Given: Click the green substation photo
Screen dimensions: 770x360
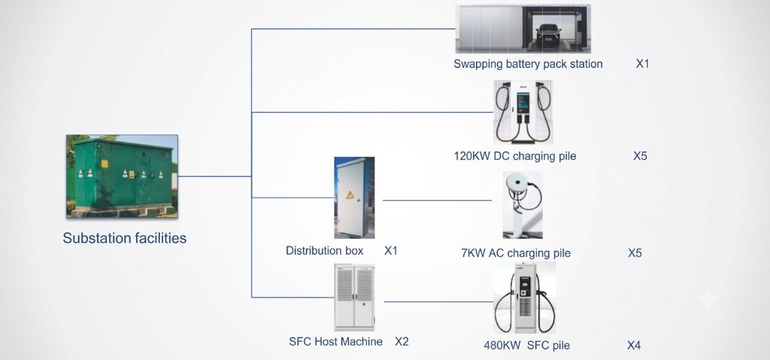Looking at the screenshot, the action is (123, 177).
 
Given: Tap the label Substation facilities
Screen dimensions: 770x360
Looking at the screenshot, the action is (125, 238).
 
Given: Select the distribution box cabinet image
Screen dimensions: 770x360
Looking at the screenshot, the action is (355, 198).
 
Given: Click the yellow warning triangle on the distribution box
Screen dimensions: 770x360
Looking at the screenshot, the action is (350, 195).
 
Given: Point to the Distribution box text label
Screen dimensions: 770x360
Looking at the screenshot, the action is (325, 250).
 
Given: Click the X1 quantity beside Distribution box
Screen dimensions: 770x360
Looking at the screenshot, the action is (391, 250).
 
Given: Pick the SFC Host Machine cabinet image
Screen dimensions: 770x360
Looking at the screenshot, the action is (355, 297).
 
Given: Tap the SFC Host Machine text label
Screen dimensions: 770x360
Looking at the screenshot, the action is (336, 341).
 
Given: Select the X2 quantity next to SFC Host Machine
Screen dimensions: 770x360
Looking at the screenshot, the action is (402, 341).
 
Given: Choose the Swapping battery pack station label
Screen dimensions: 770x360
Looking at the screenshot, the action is (528, 64).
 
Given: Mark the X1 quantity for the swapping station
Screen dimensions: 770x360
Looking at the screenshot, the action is (643, 64).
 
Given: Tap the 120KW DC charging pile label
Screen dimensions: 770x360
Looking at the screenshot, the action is (515, 156).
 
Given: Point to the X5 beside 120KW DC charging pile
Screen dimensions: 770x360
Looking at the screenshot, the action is (641, 156).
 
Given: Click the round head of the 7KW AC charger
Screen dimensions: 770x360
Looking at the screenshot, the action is (515, 182).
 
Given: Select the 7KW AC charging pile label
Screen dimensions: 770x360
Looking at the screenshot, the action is (516, 253).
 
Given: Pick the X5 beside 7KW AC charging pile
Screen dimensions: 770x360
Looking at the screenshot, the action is (635, 253).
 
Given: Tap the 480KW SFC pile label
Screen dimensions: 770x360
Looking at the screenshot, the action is (527, 345).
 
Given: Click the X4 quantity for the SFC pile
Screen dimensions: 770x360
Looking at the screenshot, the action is (634, 345).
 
